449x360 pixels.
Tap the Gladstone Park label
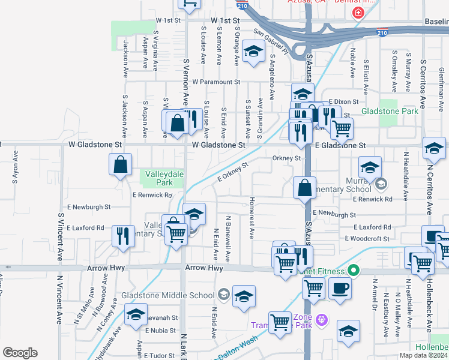coord(390,112)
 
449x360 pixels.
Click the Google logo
coord(20,353)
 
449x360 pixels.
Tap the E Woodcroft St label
coord(367,238)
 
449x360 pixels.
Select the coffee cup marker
coord(340,288)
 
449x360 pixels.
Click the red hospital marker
coord(358,13)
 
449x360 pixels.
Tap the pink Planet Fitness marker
coord(354,271)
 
